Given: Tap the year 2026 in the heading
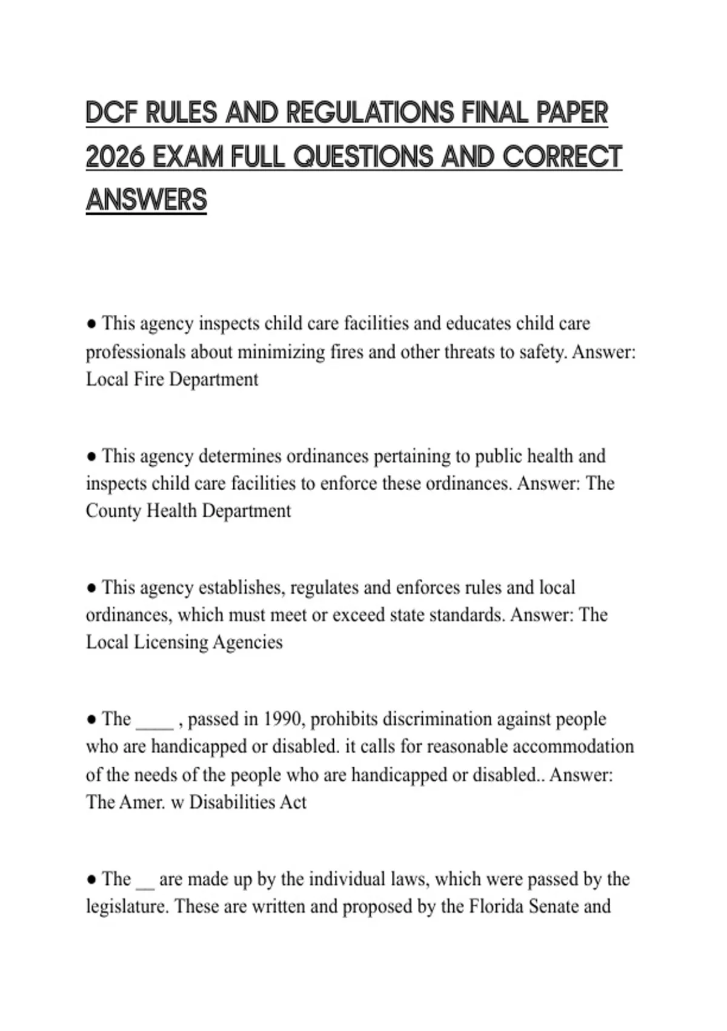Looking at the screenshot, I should point(115,157).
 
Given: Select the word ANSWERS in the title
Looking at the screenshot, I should point(147,200).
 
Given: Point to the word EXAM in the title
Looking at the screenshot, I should point(188,157).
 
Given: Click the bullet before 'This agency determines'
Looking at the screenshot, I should point(91,456).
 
